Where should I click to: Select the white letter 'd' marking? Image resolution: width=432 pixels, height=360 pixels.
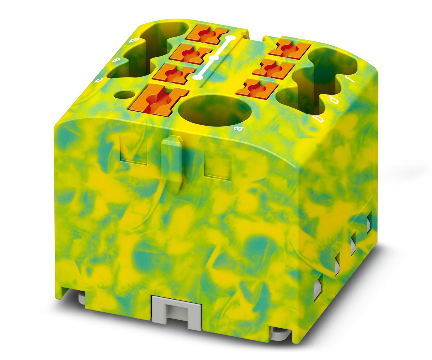[335, 100]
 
